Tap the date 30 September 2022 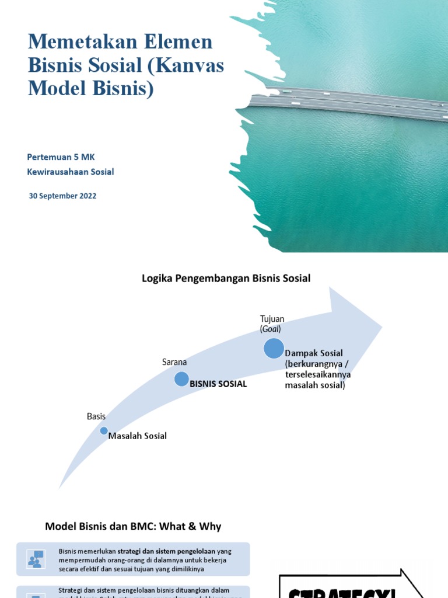pos(62,196)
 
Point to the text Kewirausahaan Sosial pos(71,172)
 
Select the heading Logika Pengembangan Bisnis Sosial pos(226,279)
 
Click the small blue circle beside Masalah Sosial pos(104,431)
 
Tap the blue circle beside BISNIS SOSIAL pos(181,380)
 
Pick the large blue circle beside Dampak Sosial pos(274,348)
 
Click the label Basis pos(96,416)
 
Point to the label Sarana pos(174,363)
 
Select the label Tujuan pos(272,319)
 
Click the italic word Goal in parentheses pos(271,329)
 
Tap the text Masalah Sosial pos(138,436)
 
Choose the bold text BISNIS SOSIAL pos(218,384)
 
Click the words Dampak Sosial pos(314,353)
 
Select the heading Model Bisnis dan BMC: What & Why pos(133,526)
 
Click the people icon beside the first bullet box pos(36,559)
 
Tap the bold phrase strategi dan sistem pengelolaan pos(167,551)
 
